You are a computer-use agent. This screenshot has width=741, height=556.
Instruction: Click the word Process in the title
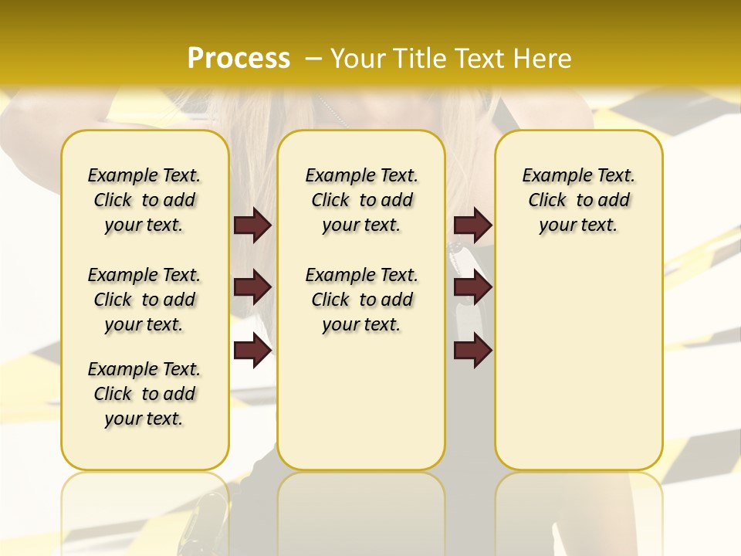click(239, 58)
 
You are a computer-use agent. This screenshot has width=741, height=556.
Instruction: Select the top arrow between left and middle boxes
click(252, 225)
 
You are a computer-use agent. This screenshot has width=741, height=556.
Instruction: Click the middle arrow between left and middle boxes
click(252, 287)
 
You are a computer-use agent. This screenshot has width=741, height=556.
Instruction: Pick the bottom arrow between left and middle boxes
click(252, 351)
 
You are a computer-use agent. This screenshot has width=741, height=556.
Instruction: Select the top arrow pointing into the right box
click(472, 225)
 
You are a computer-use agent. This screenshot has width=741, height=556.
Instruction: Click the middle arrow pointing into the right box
click(472, 287)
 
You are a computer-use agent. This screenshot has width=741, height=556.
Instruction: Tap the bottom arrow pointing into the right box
click(472, 351)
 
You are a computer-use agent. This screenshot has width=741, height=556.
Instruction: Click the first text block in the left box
click(144, 200)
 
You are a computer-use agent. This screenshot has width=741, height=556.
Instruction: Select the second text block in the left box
click(144, 300)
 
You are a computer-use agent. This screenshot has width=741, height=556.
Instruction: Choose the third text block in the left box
click(144, 394)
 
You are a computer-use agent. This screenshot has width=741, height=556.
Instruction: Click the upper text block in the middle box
click(361, 200)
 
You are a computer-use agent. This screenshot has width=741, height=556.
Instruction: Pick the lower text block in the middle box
click(361, 300)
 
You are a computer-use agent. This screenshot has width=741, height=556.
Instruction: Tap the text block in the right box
click(578, 200)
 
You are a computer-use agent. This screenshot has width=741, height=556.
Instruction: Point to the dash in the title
click(313, 58)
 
